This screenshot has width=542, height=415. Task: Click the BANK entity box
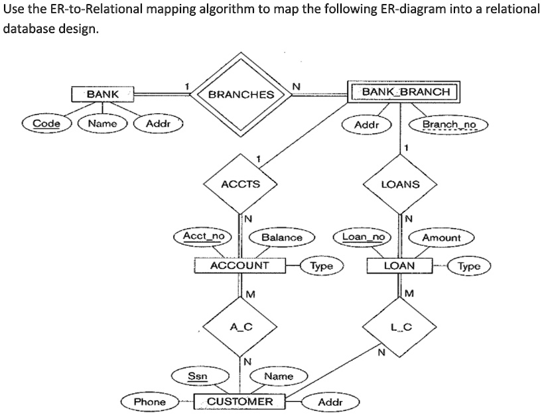(102, 94)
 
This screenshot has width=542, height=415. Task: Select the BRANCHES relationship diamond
(241, 94)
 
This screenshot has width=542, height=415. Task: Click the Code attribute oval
(47, 123)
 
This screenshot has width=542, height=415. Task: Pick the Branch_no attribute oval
(449, 125)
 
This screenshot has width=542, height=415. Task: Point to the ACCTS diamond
(240, 184)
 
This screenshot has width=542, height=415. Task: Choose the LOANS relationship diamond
(401, 184)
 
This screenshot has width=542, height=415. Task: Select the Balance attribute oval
(281, 237)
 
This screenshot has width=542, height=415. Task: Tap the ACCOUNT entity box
(239, 266)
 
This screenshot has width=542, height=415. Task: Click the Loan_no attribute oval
(363, 236)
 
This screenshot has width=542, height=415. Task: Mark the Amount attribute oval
(441, 237)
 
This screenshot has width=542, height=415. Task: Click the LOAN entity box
(400, 266)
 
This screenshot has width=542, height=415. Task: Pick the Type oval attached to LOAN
(468, 266)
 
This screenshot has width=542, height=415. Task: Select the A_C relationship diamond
(240, 326)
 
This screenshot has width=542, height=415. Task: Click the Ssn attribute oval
(198, 376)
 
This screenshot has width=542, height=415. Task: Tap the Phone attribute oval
(150, 402)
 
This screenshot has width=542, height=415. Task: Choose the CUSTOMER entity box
(239, 402)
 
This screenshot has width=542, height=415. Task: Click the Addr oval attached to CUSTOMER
(330, 402)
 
